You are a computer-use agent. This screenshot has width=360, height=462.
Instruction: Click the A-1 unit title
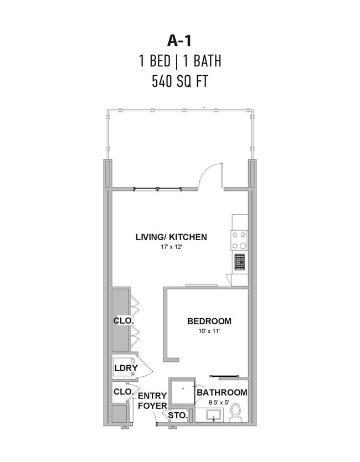tap(179, 40)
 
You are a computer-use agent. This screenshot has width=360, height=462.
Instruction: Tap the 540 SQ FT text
tap(179, 81)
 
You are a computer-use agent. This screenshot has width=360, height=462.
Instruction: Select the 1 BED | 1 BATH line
tap(180, 61)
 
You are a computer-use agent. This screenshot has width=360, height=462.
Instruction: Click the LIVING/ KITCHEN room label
tap(171, 237)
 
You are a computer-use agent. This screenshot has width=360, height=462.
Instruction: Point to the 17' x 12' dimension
tap(171, 247)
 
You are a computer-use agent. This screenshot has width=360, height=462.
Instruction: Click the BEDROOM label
tap(209, 321)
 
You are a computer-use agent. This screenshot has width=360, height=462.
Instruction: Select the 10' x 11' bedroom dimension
tap(210, 331)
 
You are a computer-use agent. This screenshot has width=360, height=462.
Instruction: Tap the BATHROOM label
tap(222, 392)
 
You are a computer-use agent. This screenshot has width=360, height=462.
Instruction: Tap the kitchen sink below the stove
tap(240, 262)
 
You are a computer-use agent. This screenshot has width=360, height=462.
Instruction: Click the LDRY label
tap(126, 368)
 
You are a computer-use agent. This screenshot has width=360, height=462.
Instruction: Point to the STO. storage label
tap(178, 416)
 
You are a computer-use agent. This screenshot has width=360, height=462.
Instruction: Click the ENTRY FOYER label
tap(152, 401)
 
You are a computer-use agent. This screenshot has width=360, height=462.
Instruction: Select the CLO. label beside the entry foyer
tap(124, 392)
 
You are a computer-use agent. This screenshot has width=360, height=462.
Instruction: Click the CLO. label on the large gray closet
tap(124, 321)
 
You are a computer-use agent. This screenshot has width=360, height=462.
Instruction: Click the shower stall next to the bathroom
tap(182, 393)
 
